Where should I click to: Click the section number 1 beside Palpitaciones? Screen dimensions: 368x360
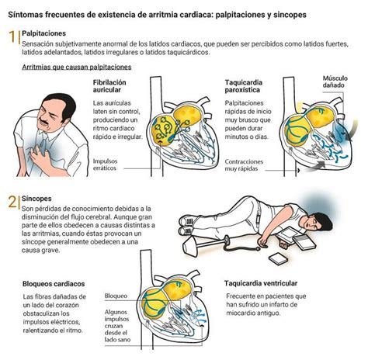[12, 36]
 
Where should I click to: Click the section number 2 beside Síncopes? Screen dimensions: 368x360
[12, 202]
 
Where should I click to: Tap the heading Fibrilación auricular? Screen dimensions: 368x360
[109, 86]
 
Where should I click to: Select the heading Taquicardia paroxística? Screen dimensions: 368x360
[244, 86]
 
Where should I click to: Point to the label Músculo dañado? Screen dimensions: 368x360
[335, 81]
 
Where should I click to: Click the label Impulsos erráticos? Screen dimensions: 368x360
[105, 164]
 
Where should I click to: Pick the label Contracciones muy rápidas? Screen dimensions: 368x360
[244, 165]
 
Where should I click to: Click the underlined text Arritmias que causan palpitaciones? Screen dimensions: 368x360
[77, 67]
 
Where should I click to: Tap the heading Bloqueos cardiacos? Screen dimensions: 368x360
[54, 284]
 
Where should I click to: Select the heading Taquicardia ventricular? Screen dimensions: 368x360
[261, 283]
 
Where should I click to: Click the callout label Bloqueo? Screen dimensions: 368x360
[116, 296]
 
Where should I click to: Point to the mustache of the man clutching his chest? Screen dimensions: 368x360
[43, 121]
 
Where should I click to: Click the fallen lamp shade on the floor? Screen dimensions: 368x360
[191, 247]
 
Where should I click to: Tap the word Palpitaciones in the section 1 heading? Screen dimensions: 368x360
[44, 33]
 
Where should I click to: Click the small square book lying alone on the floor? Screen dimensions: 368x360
[278, 259]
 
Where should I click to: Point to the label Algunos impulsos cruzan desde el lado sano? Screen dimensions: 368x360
[117, 326]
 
